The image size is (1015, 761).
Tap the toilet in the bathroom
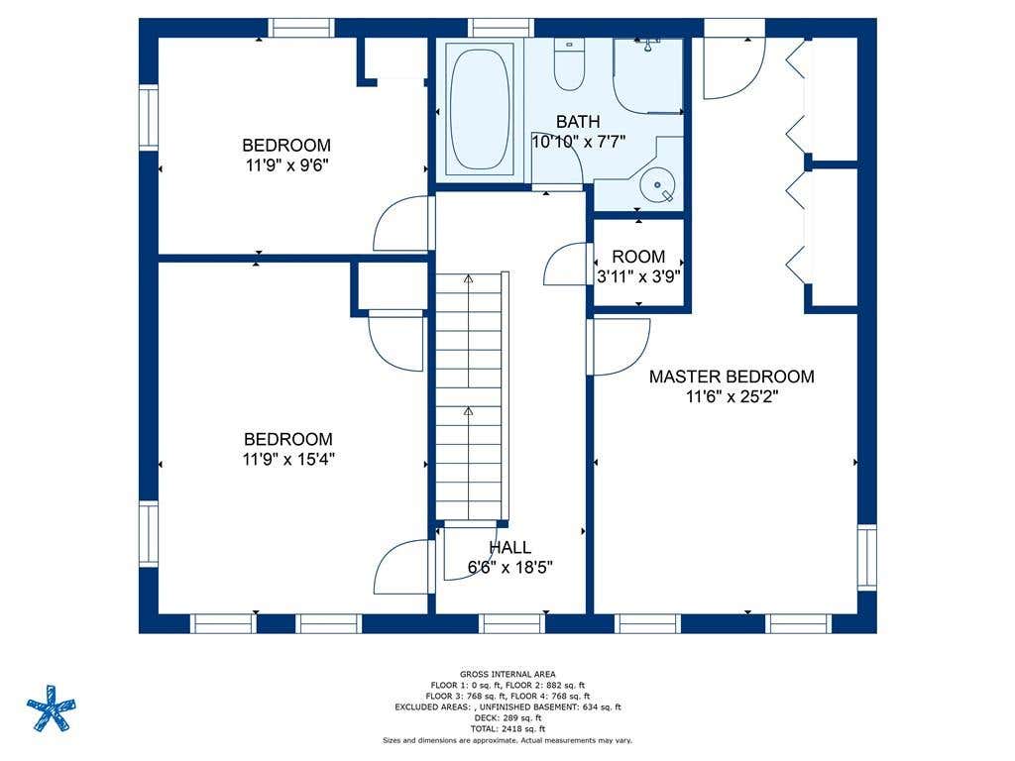(570, 64)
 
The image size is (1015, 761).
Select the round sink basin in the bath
(657, 184)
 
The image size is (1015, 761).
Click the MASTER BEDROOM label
(732, 377)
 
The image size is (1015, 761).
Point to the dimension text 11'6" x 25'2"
(732, 396)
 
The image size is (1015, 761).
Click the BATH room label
(578, 122)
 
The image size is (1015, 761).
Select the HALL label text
(510, 547)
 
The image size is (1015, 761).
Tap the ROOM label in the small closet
(638, 257)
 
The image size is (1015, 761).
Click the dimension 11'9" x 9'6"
(286, 165)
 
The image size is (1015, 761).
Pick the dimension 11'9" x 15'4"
(288, 460)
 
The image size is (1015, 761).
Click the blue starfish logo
(52, 707)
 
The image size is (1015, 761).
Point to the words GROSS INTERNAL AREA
(507, 674)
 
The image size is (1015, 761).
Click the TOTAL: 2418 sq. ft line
(507, 728)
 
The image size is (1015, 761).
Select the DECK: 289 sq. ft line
(507, 717)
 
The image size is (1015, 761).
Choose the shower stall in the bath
(648, 75)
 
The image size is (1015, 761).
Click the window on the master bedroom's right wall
(867, 557)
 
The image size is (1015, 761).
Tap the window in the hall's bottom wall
(512, 624)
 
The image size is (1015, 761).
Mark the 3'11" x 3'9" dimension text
(638, 277)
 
